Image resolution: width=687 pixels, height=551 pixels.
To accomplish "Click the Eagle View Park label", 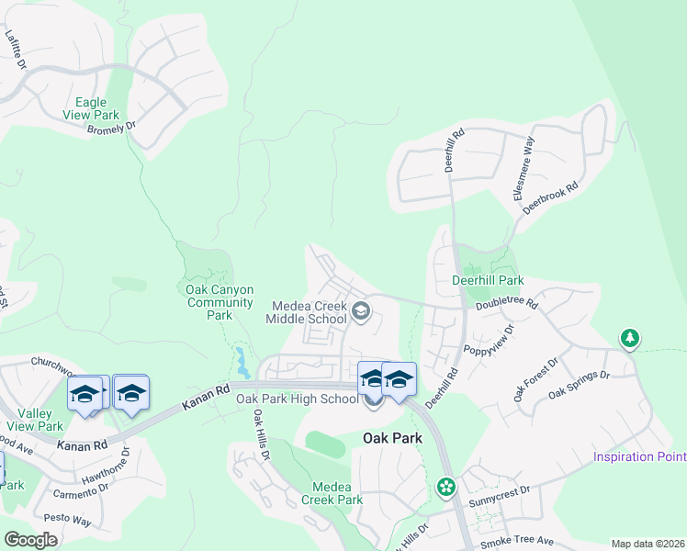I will coord(104,109).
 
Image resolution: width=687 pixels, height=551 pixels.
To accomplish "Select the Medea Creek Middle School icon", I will coord(361,312).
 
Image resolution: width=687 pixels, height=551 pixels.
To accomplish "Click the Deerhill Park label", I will coord(488,279).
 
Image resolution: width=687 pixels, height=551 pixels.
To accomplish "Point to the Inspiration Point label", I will coord(640,456).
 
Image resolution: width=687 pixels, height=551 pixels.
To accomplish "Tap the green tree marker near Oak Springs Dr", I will coord(629,339).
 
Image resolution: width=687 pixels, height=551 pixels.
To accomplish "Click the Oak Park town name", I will coord(392,438).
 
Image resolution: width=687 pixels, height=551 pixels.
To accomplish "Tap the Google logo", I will coord(30,540).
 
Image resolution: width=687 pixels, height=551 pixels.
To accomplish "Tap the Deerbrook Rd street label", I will coord(550,198).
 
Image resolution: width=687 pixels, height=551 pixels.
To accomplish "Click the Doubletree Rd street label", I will coord(506,301).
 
